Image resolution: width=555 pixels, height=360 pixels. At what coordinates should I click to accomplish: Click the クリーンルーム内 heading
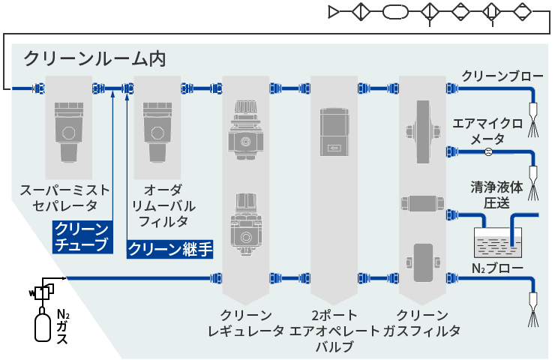[94, 58]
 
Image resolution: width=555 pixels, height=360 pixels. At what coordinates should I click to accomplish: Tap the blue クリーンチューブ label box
[82, 237]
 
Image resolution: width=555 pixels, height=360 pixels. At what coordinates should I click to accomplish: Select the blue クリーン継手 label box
[170, 249]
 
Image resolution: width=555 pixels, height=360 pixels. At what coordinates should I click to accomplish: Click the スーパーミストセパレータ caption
[64, 198]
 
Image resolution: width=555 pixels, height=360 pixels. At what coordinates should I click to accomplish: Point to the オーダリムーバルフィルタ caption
[163, 205]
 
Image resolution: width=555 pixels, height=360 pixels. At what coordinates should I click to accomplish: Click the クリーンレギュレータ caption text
[246, 322]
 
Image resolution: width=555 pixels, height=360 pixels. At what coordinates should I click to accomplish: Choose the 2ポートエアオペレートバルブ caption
[334, 331]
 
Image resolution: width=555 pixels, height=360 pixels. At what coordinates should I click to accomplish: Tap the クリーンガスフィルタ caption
[422, 322]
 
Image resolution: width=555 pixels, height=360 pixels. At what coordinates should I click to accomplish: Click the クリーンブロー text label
[502, 76]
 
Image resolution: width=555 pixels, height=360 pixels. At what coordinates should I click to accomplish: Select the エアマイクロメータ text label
[487, 131]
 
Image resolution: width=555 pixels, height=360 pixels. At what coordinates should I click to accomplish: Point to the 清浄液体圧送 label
[496, 195]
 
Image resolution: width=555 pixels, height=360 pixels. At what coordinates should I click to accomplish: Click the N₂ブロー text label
[497, 268]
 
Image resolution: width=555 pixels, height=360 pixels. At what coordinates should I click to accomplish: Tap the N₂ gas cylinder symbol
[43, 324]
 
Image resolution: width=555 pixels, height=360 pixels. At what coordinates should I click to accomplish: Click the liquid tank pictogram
[498, 242]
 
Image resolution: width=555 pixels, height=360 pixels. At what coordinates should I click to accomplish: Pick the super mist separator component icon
[69, 132]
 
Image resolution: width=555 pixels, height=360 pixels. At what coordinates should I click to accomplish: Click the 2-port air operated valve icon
[334, 132]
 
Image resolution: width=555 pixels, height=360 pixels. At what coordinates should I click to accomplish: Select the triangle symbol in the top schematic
[334, 12]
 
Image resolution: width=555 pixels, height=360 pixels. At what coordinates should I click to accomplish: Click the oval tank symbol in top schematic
[395, 12]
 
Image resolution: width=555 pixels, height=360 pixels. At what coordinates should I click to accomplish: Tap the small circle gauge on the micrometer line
[488, 152]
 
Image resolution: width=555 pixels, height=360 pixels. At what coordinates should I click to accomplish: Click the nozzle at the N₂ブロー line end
[533, 309]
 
